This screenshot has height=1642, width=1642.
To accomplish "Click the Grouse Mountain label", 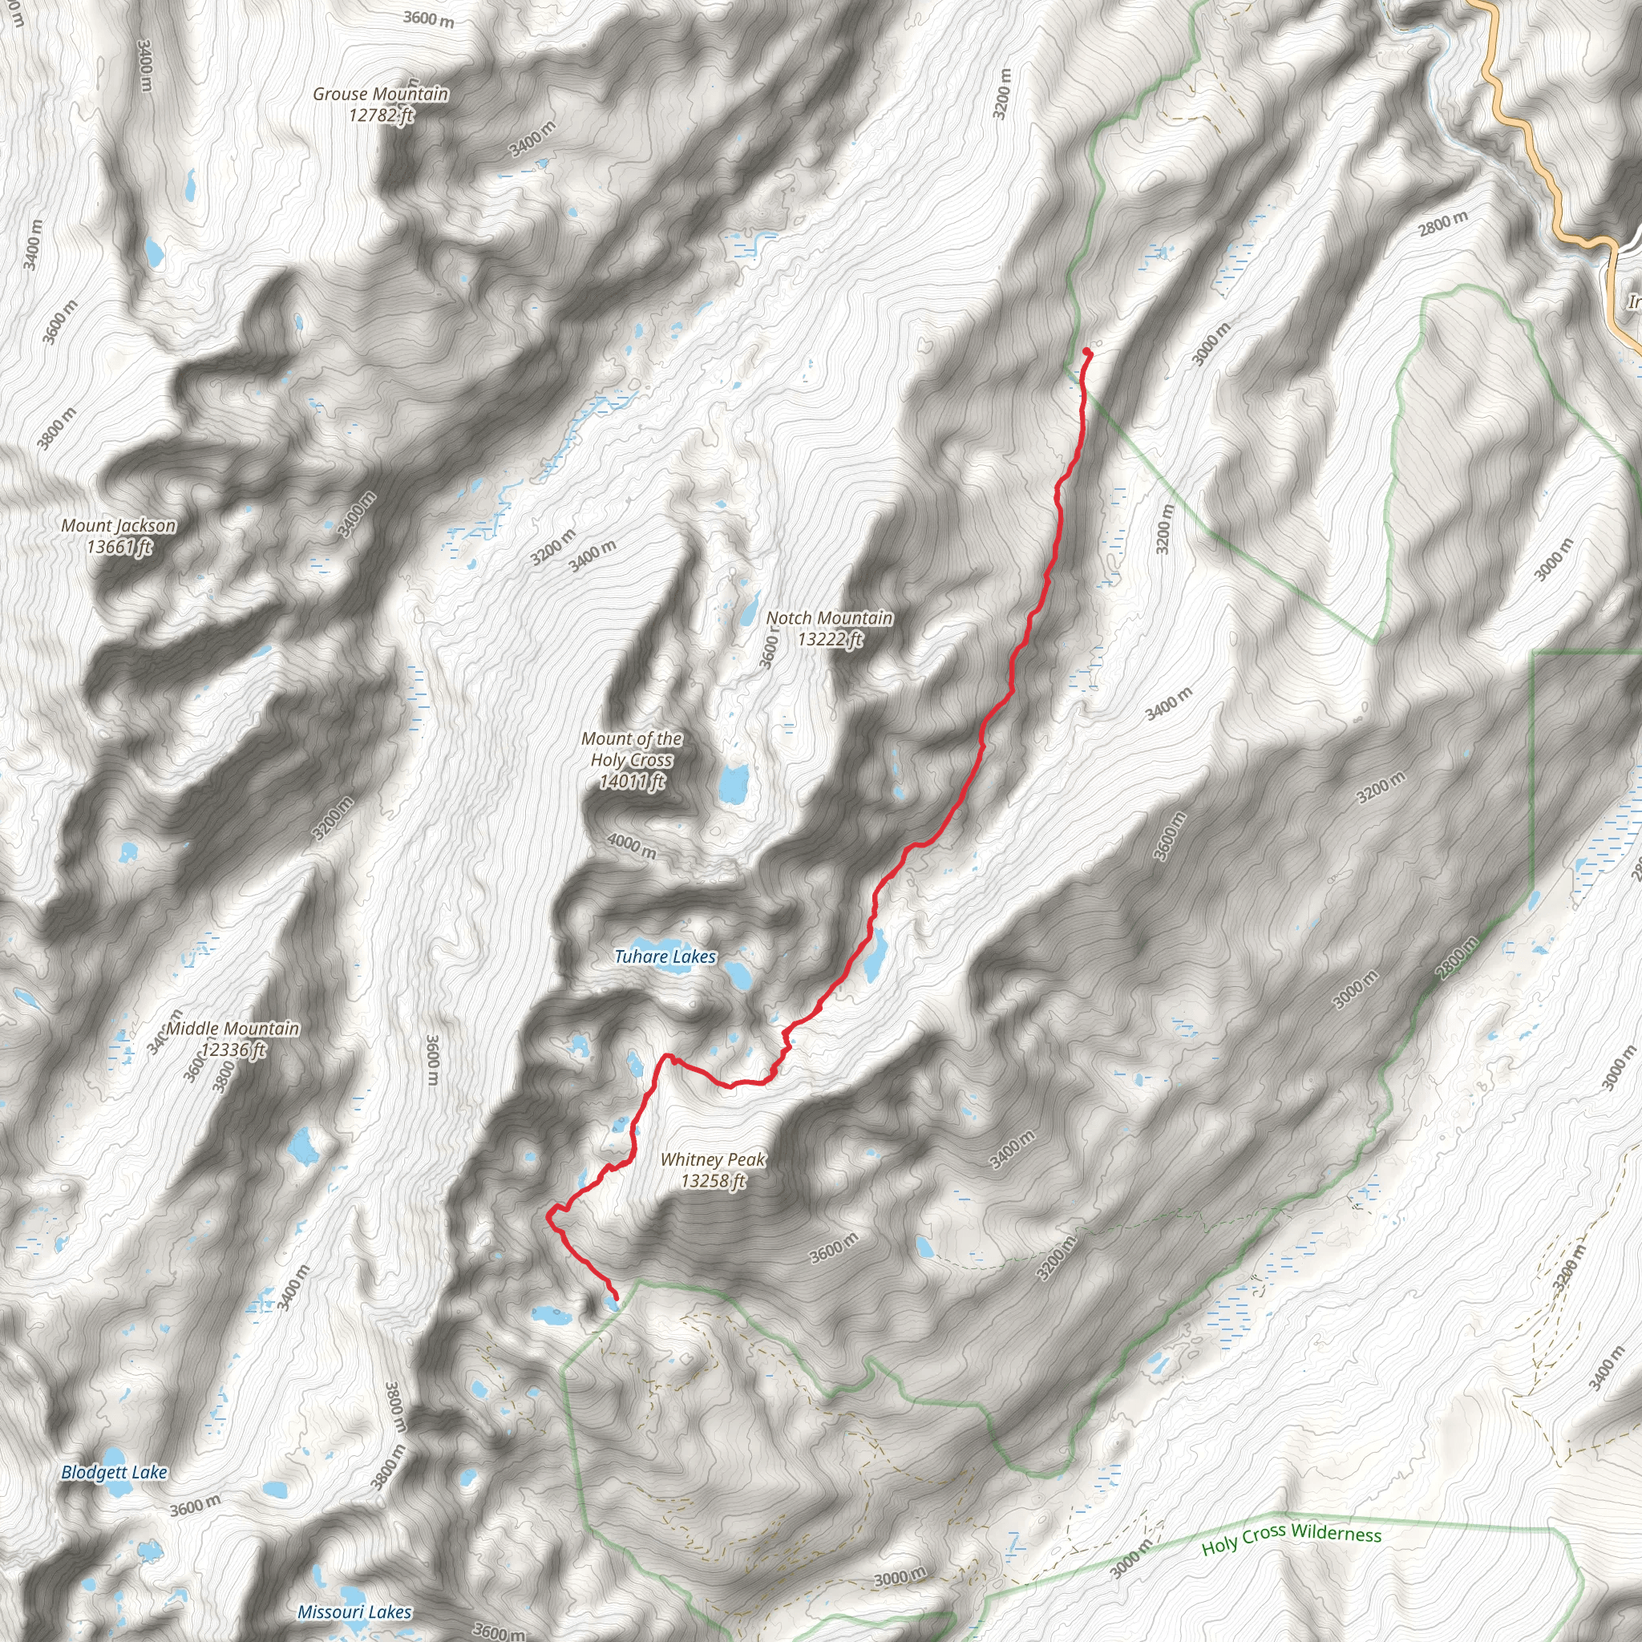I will pos(380,95).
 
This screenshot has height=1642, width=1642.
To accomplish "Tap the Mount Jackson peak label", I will pos(118,526).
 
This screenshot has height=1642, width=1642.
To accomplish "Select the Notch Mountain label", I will pos(830,619).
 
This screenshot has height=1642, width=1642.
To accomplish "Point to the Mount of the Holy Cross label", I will pos(632,750).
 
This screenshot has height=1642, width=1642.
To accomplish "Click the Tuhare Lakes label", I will pos(665,957).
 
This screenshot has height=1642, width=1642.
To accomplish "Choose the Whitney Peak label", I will pos(712,1160).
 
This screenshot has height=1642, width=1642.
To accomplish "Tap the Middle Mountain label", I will pos(233,1029).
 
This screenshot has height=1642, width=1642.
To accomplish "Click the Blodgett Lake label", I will pos(114,1473).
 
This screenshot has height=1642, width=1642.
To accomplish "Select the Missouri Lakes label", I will pos(354,1612).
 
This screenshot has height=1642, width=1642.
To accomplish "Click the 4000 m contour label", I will pos(632,846).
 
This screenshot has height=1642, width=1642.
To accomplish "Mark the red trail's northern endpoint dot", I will pos(1087,351).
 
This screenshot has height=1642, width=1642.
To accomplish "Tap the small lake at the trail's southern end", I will pos(612,1302).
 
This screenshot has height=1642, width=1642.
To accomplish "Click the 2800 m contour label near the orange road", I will pos(1442,224).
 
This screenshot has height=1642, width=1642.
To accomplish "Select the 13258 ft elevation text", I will pos(712,1181).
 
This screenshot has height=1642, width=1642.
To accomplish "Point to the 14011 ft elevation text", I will pos(632,782).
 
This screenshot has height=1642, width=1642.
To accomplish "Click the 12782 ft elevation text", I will pos(380,115).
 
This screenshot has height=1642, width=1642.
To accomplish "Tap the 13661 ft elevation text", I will pos(118,547).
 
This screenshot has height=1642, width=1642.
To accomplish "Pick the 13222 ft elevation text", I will pos(830,639).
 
